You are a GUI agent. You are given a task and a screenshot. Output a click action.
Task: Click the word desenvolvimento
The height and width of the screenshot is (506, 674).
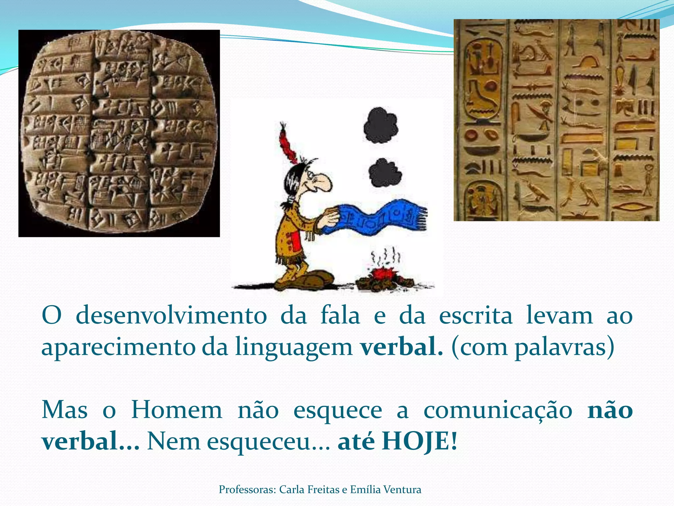[x=171, y=316]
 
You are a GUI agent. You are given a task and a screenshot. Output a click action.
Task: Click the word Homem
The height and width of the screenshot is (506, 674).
[x=177, y=410]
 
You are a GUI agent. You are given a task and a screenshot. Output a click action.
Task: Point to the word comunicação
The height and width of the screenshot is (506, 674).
[x=498, y=411]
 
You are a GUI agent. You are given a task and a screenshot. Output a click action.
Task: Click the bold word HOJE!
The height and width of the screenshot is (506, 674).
[x=419, y=441]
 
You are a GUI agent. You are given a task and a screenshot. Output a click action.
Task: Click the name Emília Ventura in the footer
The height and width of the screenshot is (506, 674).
[x=385, y=490]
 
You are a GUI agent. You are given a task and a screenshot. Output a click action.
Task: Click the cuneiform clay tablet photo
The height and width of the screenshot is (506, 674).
[x=119, y=133]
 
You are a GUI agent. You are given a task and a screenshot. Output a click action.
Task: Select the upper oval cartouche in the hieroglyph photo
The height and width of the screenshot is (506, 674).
[x=483, y=79]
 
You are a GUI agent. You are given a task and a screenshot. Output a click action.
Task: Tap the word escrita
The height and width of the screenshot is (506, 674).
[x=476, y=316]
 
